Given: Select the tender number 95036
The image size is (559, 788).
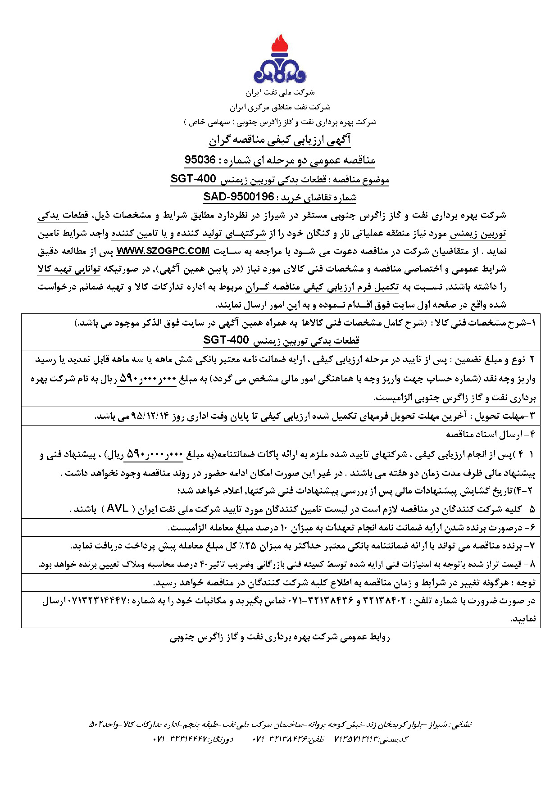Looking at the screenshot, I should (200, 160).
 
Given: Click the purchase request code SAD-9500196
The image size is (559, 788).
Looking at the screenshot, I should (239, 197).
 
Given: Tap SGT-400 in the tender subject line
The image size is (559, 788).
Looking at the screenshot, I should (193, 179).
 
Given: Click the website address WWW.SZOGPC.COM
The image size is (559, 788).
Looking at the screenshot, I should (163, 251).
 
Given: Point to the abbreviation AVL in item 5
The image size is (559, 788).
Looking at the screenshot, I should (118, 509).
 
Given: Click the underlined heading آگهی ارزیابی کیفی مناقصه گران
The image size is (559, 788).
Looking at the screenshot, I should (279, 140).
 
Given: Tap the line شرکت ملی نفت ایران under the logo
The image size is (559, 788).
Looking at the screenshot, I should (280, 92).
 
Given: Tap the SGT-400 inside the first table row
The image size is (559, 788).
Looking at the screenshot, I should (226, 340).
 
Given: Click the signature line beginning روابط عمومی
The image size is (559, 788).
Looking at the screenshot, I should (280, 637).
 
